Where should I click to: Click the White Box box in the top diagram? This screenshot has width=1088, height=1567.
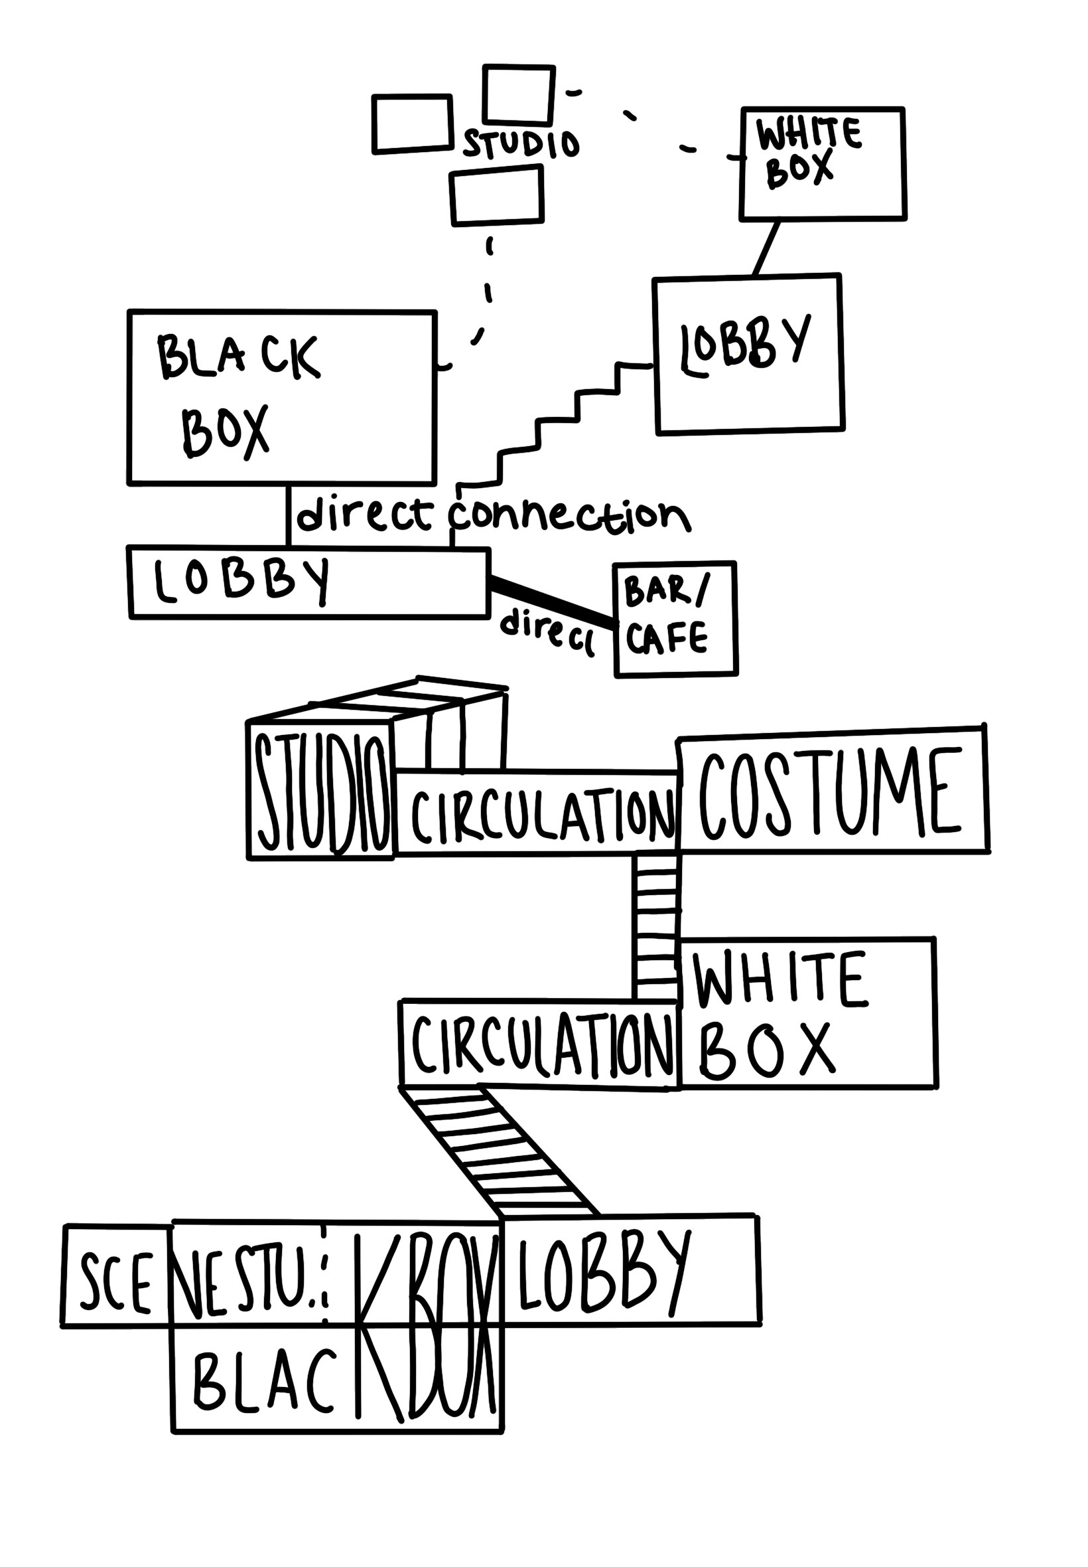point(823,164)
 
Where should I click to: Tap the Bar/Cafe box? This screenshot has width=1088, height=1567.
point(675,619)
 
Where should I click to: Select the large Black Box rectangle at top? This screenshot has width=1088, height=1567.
point(281,397)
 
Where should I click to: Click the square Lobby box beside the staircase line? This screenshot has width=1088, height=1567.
point(748,354)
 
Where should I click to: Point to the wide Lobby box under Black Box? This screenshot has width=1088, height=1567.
point(308,582)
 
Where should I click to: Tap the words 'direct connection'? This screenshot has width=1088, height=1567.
point(492,517)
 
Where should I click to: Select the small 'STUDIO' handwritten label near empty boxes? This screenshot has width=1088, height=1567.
point(521,143)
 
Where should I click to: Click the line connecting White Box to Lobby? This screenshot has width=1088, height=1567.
point(766,248)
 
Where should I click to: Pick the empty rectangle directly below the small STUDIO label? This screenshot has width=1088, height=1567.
point(497,196)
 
